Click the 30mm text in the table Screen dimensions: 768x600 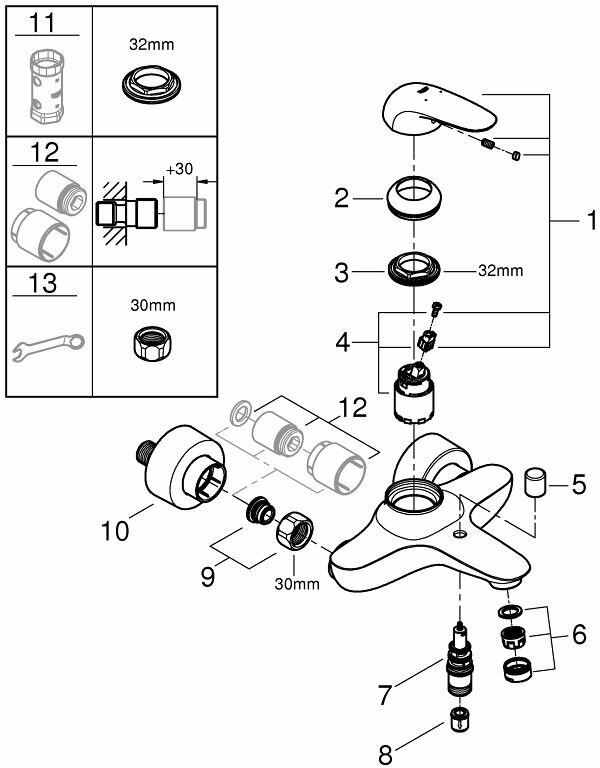(x=153, y=305)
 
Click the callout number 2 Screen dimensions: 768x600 (x=342, y=198)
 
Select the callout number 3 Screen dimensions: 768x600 (x=342, y=272)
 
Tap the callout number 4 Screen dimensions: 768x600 (x=342, y=343)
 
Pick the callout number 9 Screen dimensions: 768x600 (x=208, y=577)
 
